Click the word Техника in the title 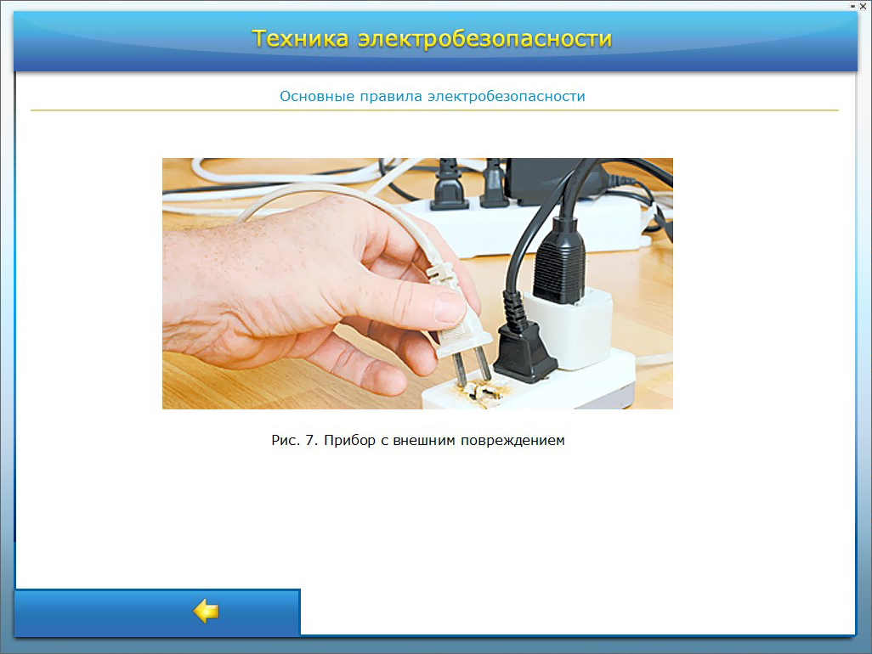(300, 38)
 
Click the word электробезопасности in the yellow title (484, 38)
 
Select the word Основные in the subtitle (317, 96)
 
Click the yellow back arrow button (206, 612)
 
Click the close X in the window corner (864, 6)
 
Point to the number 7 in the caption (311, 440)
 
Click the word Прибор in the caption (350, 441)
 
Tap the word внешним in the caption (424, 440)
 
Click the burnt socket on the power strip (483, 392)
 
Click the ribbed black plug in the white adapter (559, 261)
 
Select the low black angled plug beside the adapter (523, 352)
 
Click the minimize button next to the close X (852, 6)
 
